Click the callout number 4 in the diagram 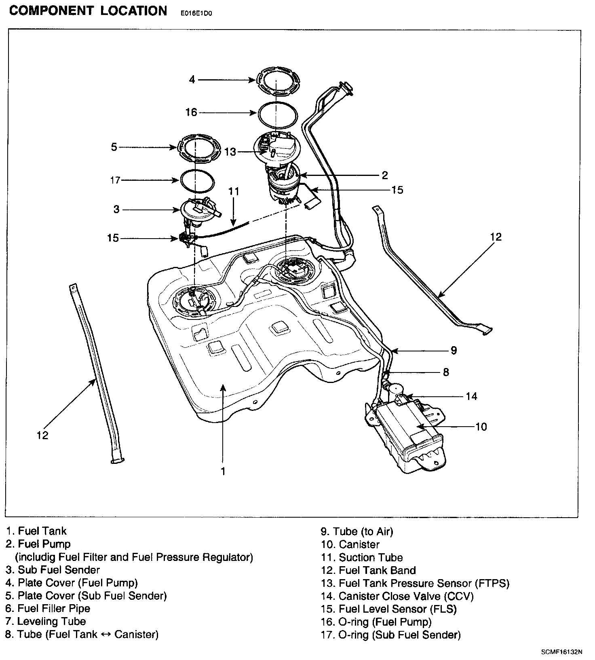[192, 80]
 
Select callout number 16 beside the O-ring [191, 112]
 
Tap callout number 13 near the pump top [230, 152]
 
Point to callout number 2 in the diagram [384, 175]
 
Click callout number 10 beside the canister [481, 426]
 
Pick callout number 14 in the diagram [471, 396]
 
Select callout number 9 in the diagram [454, 350]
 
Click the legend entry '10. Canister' [350, 544]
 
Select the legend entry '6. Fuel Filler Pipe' [48, 608]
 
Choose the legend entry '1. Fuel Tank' [36, 531]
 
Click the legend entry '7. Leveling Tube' [46, 621]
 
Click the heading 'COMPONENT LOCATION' [88, 11]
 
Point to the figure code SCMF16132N [562, 652]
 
